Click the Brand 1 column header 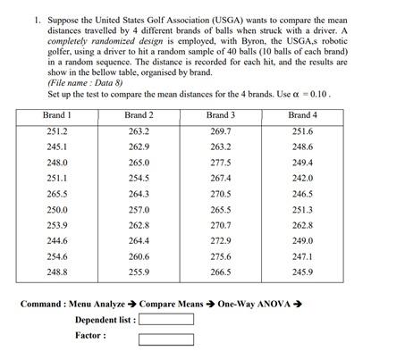pos(57,115)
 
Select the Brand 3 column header pos(221,115)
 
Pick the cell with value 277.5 pos(221,163)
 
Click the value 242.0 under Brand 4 pos(303,179)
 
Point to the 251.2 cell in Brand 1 pos(57,131)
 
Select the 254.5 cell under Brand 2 pos(139,179)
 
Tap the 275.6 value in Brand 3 pos(221,256)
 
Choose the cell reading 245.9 pos(303,272)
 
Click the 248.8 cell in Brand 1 pos(57,272)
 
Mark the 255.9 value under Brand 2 pos(139,272)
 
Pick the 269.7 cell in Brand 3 pos(221,131)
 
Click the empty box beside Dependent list pos(167,319)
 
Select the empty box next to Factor pos(167,338)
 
